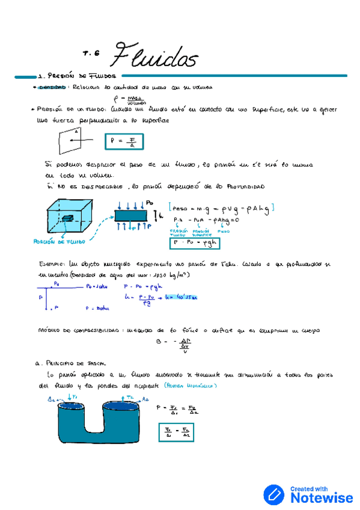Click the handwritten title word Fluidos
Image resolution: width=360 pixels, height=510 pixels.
coord(154,57)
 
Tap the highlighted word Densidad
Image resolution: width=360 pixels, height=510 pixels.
coord(52,87)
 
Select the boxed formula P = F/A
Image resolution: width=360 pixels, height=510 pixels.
coord(124,142)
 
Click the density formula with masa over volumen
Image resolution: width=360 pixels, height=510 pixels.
coord(132,99)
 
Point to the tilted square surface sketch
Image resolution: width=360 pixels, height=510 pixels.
coord(70,142)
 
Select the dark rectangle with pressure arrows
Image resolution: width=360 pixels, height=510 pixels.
coord(130,215)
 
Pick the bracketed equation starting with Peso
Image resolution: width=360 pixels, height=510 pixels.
coord(222,207)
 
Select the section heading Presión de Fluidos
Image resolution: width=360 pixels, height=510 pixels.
coord(76,76)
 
